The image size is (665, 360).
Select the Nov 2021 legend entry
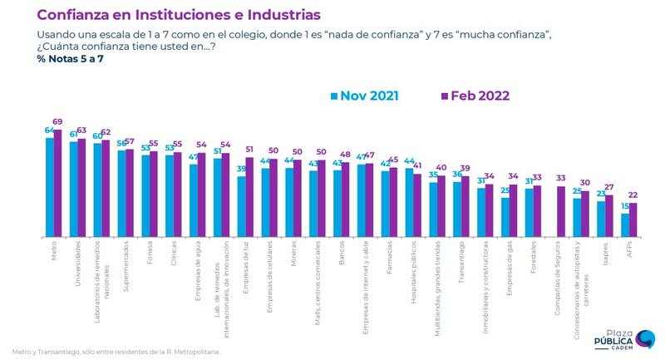[x=365, y=96]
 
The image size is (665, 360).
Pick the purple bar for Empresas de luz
[x=250, y=196]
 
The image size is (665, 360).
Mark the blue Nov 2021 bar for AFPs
[x=625, y=224]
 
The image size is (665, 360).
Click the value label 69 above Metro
[x=58, y=123]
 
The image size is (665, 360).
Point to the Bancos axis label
[x=343, y=254]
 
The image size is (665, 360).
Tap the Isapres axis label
[x=607, y=253]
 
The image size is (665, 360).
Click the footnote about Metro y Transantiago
[x=116, y=352]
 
